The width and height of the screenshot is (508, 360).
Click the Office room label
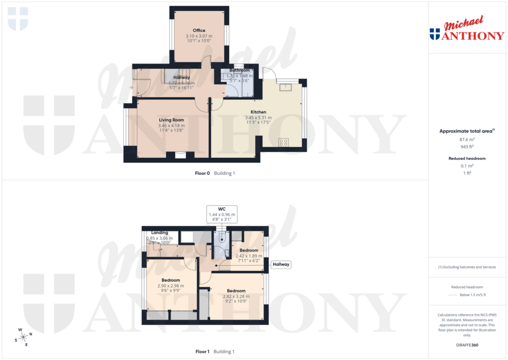[x=199, y=30]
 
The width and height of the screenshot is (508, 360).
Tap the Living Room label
[x=171, y=120]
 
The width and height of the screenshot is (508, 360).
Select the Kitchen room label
[x=258, y=112]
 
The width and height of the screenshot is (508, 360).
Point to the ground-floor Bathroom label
[x=239, y=71]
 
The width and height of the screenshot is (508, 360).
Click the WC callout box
[x=222, y=214]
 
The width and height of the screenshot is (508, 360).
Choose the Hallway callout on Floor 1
[x=281, y=265]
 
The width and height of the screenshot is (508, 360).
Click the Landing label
[x=159, y=232]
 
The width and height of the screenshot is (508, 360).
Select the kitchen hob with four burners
[x=284, y=142]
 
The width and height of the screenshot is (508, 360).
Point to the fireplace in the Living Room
[x=181, y=154]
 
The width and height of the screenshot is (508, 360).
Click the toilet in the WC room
[x=222, y=238]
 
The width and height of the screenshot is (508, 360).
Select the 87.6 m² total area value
[x=466, y=140]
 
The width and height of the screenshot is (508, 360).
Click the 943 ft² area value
[x=466, y=146]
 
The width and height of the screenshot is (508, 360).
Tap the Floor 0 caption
[x=202, y=173]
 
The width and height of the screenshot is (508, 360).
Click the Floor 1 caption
[x=202, y=352]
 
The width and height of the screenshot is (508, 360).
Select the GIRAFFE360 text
[x=466, y=345]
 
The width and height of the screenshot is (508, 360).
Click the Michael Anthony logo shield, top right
[x=435, y=34]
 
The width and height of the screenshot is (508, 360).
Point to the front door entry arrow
[x=131, y=88]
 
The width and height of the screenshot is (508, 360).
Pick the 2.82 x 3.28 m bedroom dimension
[x=236, y=296]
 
